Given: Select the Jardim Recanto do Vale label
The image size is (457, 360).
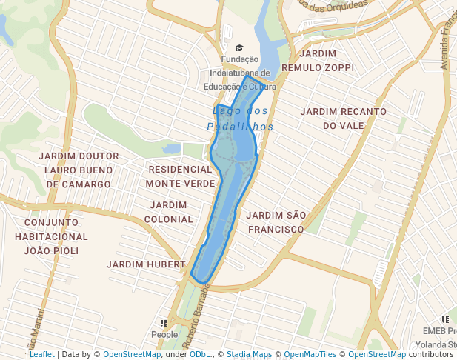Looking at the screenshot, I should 343,119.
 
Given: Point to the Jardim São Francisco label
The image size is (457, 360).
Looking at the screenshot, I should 276,221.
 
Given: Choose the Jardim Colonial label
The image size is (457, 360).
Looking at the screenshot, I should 168,212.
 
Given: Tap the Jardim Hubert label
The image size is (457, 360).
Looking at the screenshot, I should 145,264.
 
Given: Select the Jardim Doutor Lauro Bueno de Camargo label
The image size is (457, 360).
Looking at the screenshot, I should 79,170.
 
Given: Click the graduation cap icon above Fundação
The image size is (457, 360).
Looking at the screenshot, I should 239,48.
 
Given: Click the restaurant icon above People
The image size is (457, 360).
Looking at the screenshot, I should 164,324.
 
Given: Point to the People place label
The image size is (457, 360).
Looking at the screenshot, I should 164,335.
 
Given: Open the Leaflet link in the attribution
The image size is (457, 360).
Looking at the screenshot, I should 41,354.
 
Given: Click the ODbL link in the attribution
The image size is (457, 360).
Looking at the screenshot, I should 199,354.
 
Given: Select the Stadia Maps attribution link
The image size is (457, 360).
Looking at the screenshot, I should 249,354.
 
